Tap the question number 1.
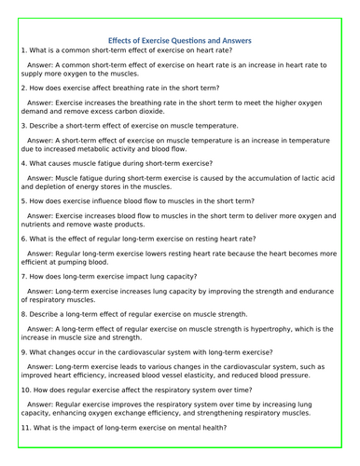pyautogui.click(x=21, y=49)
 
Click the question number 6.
pyautogui.click(x=21, y=239)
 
